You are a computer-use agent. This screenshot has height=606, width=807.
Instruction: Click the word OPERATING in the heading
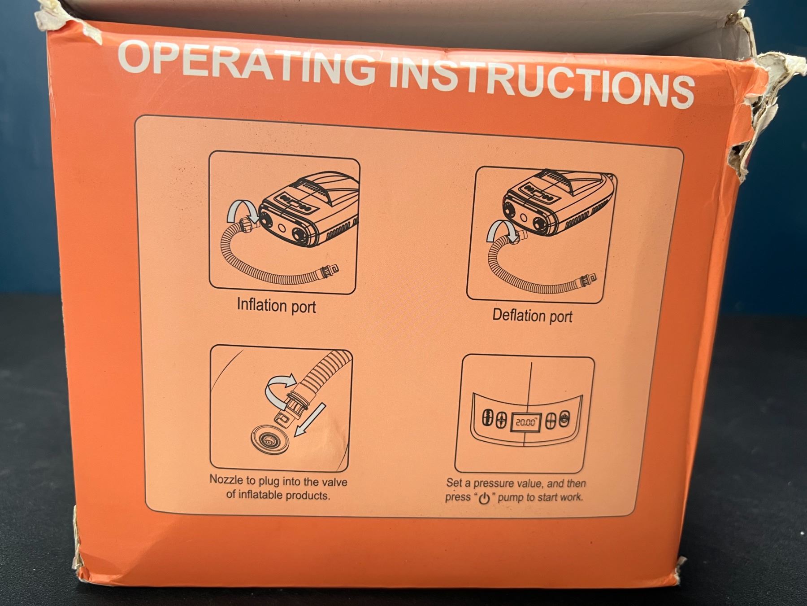(x=246, y=62)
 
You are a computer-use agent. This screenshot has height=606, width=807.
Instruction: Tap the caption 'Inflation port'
(x=276, y=306)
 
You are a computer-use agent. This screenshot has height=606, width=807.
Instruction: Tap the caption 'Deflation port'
(x=532, y=316)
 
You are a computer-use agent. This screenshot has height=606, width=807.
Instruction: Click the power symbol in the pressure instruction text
(x=484, y=498)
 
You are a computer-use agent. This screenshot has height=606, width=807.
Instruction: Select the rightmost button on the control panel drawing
(x=564, y=420)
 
